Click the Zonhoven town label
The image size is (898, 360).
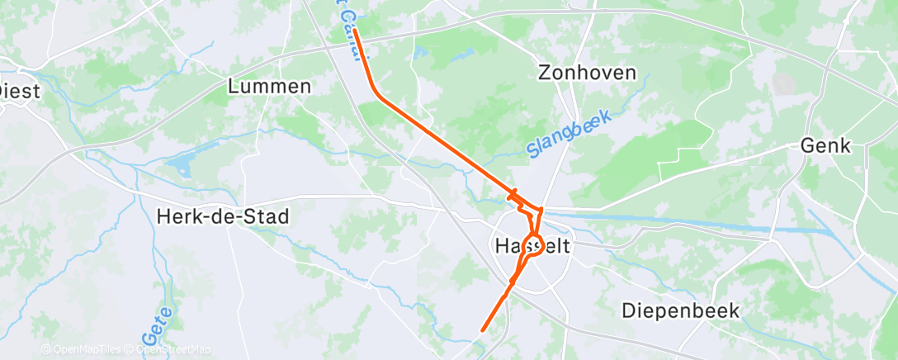coord(587,73)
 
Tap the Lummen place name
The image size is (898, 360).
coord(270,86)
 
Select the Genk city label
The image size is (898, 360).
coord(825,145)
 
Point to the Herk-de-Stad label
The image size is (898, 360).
coord(223,217)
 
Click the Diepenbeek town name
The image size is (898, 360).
coord(681,311)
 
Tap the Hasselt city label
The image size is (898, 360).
coord(533,246)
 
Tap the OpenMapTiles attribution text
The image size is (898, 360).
coord(82,349)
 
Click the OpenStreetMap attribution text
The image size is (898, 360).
coord(168,349)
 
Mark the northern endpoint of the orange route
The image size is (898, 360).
coord(356,31)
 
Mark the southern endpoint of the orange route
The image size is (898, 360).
coord(483,331)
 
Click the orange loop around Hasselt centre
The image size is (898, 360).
coord(532,245)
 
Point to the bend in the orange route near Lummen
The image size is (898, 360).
coord(378,93)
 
